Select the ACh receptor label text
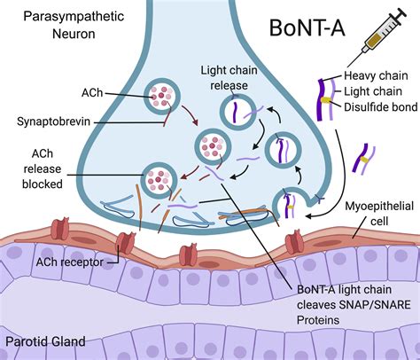[58, 262]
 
